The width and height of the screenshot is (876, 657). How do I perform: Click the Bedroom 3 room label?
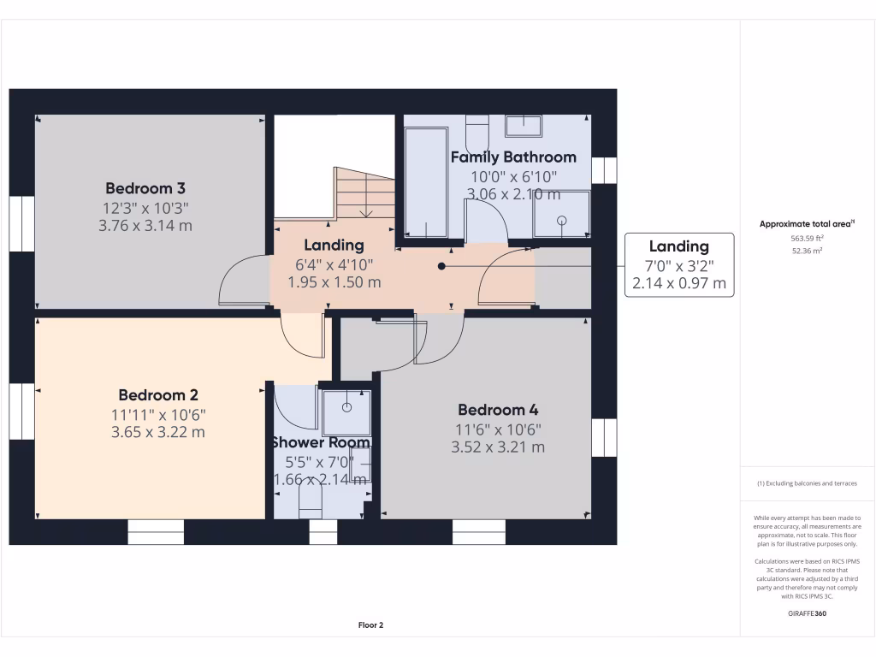pyautogui.click(x=145, y=188)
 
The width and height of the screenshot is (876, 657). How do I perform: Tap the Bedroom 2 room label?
pyautogui.click(x=158, y=395)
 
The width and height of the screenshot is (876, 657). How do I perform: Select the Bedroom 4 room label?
pyautogui.click(x=498, y=410)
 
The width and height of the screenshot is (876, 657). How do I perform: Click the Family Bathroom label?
pyautogui.click(x=513, y=157)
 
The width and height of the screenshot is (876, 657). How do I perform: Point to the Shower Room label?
pyautogui.click(x=321, y=443)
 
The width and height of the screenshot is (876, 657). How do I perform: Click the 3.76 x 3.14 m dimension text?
pyautogui.click(x=145, y=226)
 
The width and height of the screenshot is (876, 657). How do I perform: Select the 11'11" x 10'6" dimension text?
pyautogui.click(x=158, y=415)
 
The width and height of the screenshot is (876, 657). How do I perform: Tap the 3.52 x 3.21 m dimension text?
pyautogui.click(x=498, y=447)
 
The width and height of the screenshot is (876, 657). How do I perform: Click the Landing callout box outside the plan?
pyautogui.click(x=678, y=264)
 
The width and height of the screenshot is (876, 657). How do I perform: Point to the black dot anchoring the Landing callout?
pyautogui.click(x=441, y=266)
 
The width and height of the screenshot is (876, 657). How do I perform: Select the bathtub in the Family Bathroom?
pyautogui.click(x=425, y=182)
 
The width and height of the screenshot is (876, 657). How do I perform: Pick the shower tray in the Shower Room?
pyautogui.click(x=347, y=410)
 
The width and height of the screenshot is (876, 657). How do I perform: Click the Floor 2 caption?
pyautogui.click(x=370, y=625)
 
